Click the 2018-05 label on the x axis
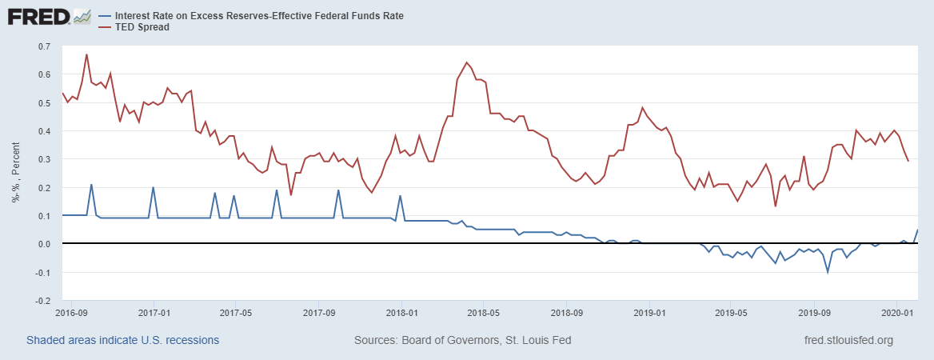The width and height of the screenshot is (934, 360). tap(483, 312)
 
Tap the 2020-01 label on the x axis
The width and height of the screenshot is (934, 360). tap(896, 312)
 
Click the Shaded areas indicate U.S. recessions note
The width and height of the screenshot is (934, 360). tap(122, 340)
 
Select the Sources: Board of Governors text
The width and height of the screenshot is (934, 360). tap(462, 340)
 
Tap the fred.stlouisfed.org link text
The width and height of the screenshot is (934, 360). tap(848, 340)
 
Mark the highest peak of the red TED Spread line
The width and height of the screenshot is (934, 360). tap(86, 54)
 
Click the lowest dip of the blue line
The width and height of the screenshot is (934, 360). tap(828, 272)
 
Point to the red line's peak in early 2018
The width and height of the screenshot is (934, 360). tap(466, 62)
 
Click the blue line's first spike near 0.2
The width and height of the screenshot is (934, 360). tap(91, 185)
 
